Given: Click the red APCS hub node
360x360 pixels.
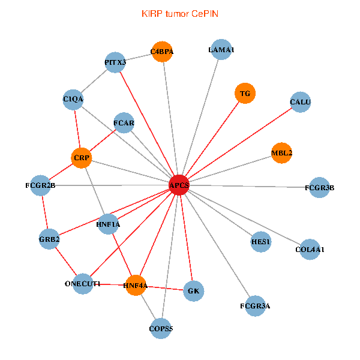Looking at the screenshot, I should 179,185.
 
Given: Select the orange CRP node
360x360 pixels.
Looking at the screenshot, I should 81,158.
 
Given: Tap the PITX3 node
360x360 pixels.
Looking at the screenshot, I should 115,62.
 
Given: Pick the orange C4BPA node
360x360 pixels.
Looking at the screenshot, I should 162,52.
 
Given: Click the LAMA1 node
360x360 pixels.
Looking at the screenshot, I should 221,50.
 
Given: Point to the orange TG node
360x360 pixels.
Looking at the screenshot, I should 245,93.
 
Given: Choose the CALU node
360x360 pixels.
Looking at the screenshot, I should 300,102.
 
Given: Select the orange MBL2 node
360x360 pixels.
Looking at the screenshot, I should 281,152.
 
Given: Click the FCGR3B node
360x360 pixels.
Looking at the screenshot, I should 320,187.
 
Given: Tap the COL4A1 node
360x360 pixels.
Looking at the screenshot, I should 310,249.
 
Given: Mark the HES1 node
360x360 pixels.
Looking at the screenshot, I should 261,241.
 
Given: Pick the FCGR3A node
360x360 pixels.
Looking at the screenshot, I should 255,305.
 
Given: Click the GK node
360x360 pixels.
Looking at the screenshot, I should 193,291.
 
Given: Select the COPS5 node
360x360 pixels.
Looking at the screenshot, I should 160,328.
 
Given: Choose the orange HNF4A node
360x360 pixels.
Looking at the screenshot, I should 136,285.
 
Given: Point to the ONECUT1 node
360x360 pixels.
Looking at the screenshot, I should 83,283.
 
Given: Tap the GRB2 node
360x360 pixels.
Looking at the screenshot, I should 49,239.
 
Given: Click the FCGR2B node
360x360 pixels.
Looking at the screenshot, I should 41,185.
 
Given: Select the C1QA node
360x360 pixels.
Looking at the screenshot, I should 73,98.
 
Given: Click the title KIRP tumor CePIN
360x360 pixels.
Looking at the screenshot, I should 179,13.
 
